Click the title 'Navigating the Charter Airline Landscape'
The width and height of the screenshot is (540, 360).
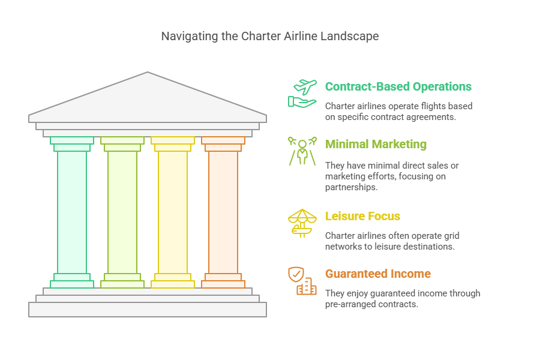pyautogui.click(x=269, y=36)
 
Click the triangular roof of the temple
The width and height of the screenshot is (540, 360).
pyautogui.click(x=148, y=99)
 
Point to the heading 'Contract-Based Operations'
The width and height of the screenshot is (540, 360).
pyautogui.click(x=398, y=86)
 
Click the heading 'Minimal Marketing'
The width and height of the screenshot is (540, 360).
pyautogui.click(x=376, y=144)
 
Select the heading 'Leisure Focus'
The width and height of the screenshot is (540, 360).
pyautogui.click(x=362, y=216)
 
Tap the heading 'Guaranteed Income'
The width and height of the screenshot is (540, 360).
pyautogui.click(x=377, y=274)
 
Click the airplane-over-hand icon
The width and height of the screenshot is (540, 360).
pyautogui.click(x=302, y=93)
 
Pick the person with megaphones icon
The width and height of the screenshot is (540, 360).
pyautogui.click(x=302, y=151)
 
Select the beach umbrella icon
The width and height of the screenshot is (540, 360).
pyautogui.click(x=302, y=223)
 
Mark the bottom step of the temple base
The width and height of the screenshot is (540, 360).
pyautogui.click(x=148, y=309)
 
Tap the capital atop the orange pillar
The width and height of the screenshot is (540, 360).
pyautogui.click(x=223, y=143)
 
